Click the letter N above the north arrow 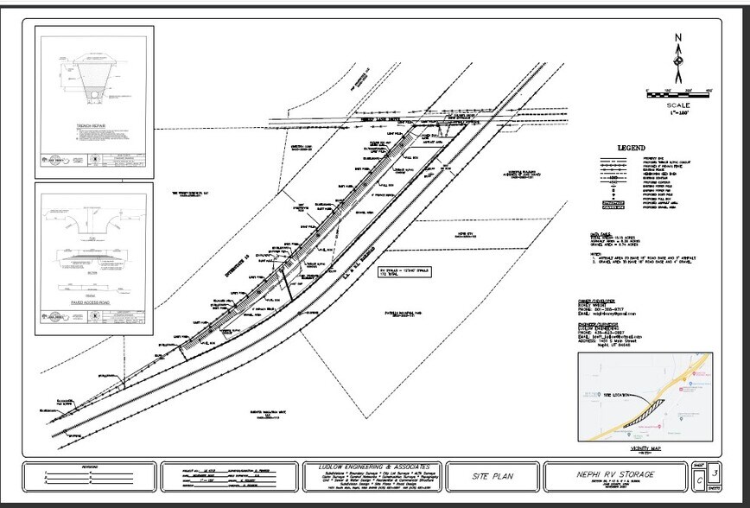coord(678,37)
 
